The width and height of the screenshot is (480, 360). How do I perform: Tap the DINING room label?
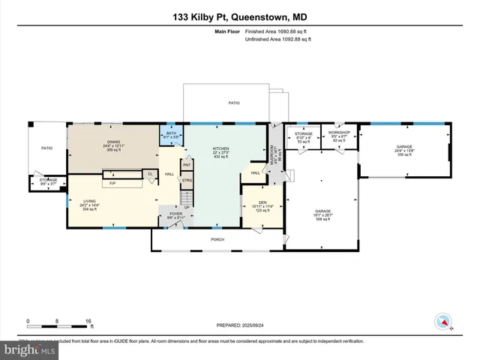point(113,142)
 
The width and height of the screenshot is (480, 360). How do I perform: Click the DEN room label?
point(262,202)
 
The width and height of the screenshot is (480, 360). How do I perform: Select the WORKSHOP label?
point(339,133)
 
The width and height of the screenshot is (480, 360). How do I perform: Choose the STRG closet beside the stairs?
point(187,180)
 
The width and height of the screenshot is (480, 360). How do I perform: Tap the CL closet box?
point(150,174)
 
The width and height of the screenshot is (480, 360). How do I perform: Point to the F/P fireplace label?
point(112,183)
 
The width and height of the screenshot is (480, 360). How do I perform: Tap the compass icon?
point(442,322)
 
